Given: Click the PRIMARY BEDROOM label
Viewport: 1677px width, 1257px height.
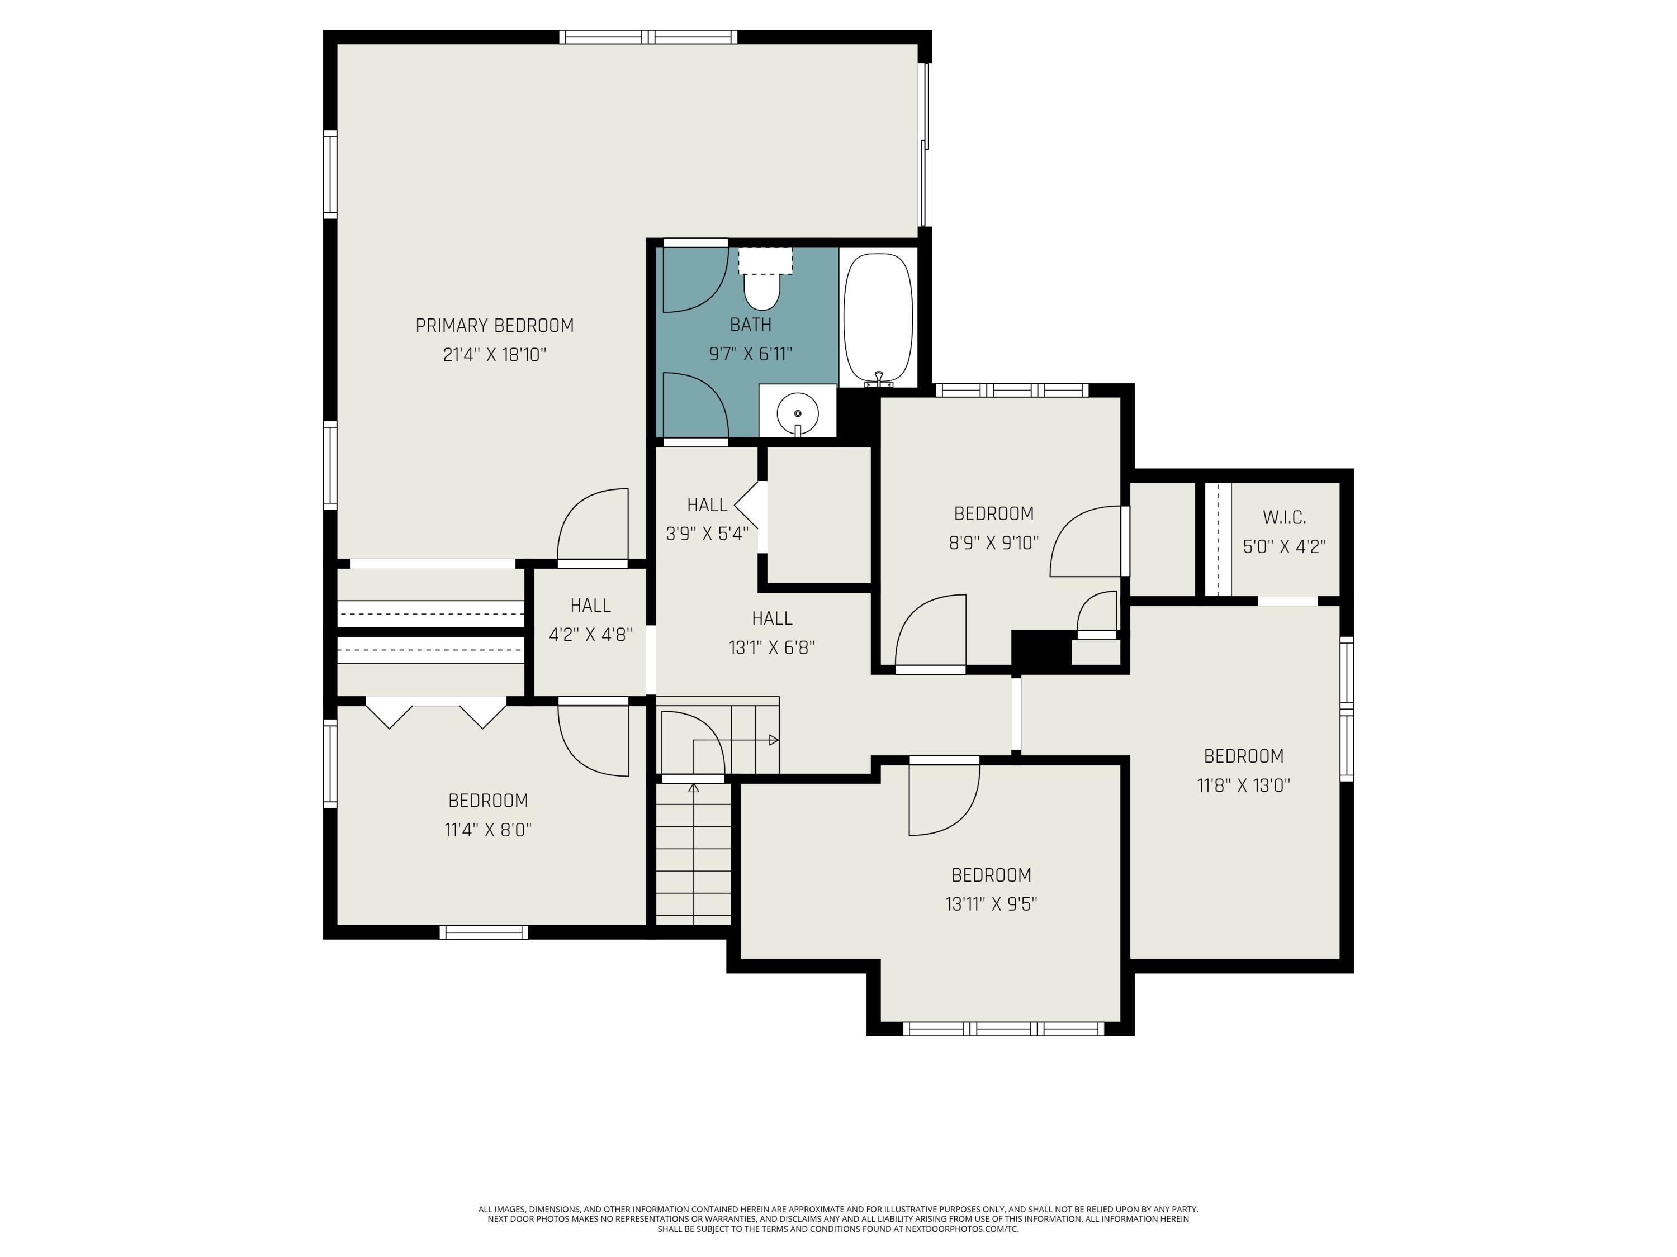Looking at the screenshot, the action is coord(494,326).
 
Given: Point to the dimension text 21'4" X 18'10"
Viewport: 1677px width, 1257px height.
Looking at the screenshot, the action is coord(494,355).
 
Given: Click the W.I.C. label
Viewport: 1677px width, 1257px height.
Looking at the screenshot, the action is coord(1284,517).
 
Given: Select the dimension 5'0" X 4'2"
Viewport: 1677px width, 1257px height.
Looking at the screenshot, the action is coord(1284,546).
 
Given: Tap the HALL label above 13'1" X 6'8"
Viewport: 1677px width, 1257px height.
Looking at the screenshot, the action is coord(772,618).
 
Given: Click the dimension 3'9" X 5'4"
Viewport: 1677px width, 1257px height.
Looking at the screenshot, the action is coord(707,534).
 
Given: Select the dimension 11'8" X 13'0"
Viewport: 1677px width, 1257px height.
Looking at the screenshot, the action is coord(1243,785).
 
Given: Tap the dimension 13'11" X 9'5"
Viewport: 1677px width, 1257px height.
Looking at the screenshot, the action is coord(991,904).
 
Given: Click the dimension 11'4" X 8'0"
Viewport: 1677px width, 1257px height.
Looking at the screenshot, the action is coord(488,830).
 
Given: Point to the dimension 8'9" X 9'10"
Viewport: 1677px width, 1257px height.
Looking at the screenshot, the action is coord(994,542).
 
